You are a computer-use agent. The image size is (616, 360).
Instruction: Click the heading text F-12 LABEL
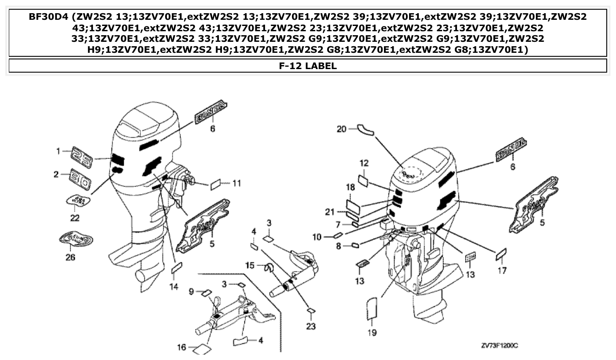click(x=308, y=66)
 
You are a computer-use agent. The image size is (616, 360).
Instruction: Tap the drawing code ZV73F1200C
click(x=499, y=345)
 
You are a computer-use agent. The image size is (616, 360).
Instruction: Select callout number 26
click(x=70, y=257)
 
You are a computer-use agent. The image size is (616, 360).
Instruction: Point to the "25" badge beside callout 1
click(x=81, y=157)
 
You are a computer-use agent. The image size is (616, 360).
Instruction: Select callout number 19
click(x=372, y=333)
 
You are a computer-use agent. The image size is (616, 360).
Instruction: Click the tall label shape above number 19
click(x=372, y=308)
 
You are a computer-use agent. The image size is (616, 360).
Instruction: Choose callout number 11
click(x=236, y=183)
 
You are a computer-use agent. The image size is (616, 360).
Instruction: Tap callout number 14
click(x=174, y=287)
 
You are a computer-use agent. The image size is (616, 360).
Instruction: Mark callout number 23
click(x=311, y=327)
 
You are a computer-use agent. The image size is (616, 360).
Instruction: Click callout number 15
click(x=250, y=265)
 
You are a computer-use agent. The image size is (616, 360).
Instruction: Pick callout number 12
click(x=364, y=163)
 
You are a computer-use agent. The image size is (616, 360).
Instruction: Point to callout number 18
click(x=350, y=187)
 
